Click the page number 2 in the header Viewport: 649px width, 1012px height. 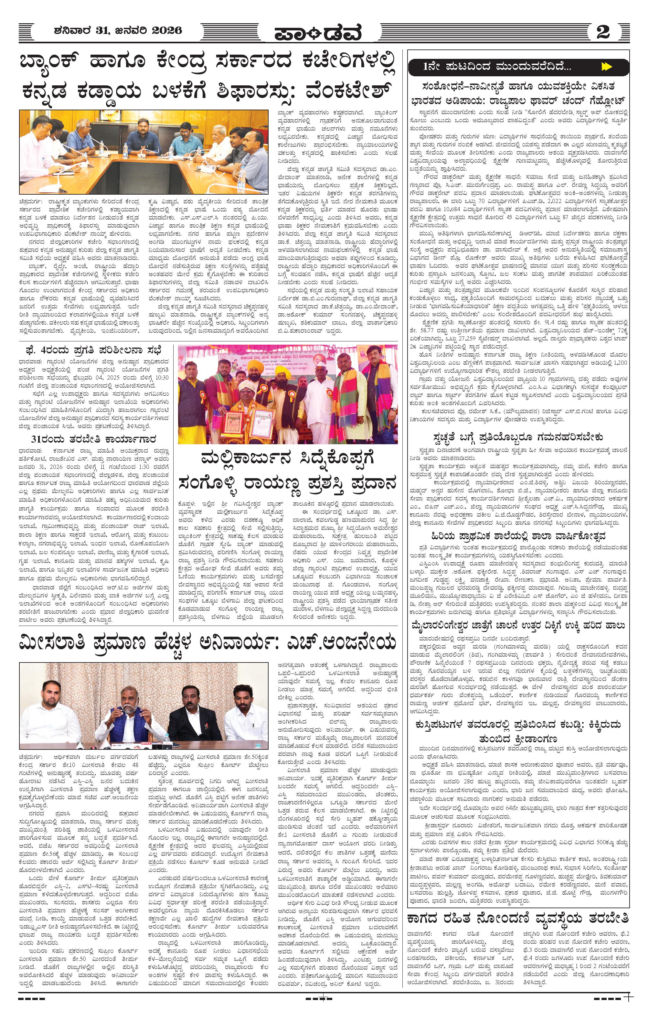pyautogui.click(x=603, y=32)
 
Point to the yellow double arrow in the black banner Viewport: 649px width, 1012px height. pyautogui.click(x=606, y=66)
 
